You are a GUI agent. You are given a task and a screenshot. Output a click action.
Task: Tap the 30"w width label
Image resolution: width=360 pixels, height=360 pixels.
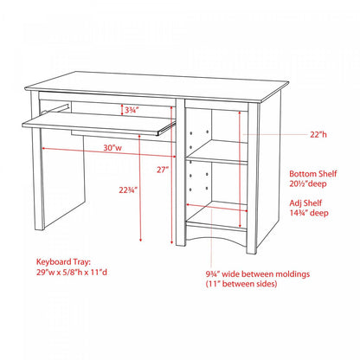pos(112,148)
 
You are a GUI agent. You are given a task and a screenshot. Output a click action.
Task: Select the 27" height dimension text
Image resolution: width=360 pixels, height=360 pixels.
pos(162,170)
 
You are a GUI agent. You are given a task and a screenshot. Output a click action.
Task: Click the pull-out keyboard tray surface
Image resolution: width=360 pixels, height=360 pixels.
pos(95,124)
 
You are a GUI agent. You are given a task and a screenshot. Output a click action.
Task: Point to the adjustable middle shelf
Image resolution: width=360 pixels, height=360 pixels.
pos(216,158)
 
